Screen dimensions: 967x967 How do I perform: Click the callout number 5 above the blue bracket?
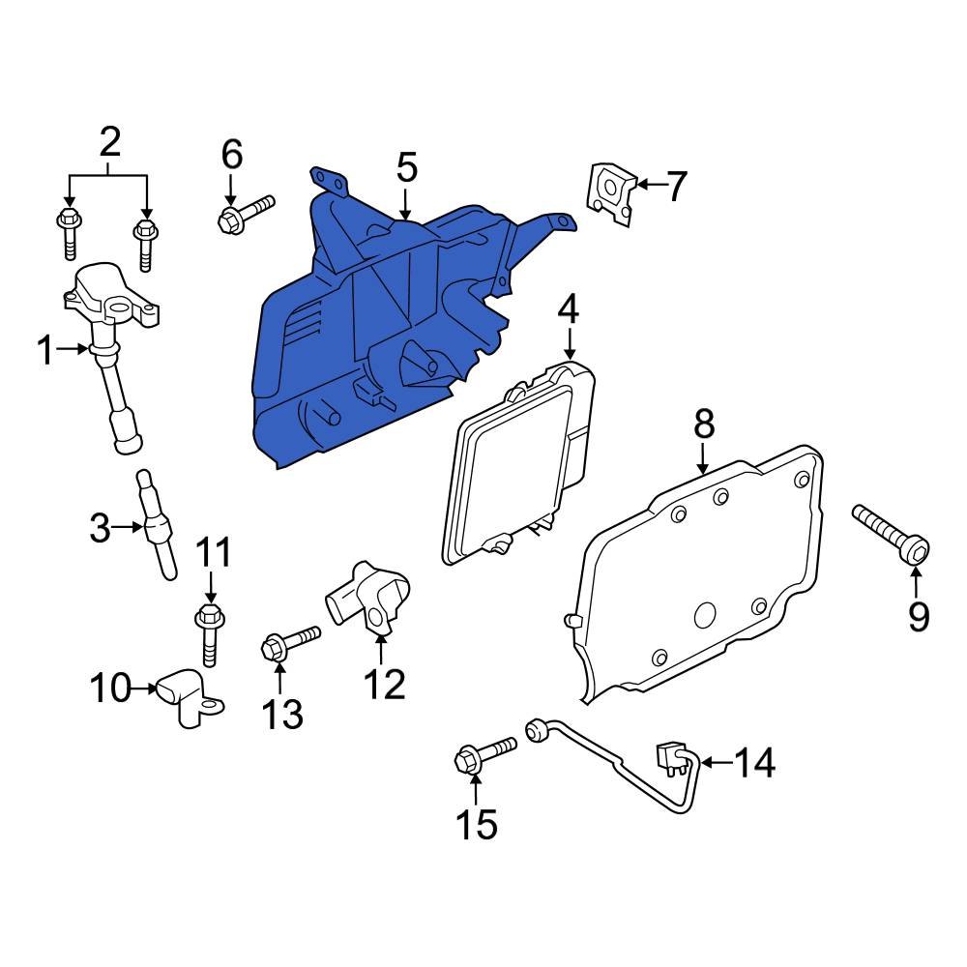click(406, 167)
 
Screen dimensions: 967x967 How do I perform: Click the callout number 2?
click(109, 144)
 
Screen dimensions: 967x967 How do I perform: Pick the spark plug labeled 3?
click(158, 526)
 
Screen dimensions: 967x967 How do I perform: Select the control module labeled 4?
click(517, 464)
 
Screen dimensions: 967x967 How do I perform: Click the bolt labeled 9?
click(891, 532)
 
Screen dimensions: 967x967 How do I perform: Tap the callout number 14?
click(754, 764)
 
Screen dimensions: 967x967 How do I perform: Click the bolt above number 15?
click(484, 754)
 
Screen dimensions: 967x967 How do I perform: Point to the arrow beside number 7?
click(646, 183)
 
